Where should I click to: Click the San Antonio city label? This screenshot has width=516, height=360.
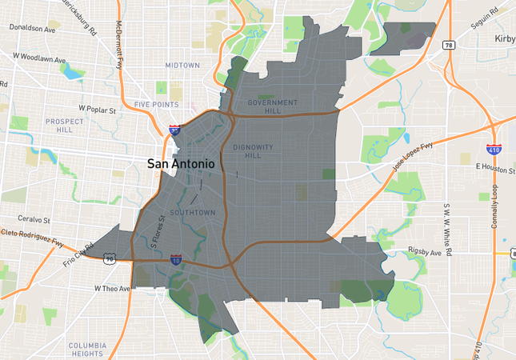tap(181, 163)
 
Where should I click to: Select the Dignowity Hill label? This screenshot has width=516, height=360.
tap(252, 151)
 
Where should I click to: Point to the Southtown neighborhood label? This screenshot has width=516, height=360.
tap(193, 213)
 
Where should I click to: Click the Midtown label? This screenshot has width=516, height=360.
tap(183, 65)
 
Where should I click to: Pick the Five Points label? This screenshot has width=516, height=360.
tap(157, 105)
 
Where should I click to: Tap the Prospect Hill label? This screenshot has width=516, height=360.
tap(64, 126)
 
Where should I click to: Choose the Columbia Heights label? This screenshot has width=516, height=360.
tap(87, 349)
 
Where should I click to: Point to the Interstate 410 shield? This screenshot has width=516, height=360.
tap(494, 150)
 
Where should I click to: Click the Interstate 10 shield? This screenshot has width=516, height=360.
tap(175, 260)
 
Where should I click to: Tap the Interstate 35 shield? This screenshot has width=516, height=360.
tap(174, 128)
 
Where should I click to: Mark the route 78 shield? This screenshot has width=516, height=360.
tap(449, 46)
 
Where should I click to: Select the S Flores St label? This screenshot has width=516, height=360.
tap(158, 227)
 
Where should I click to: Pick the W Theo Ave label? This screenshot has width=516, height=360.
tap(111, 288)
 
